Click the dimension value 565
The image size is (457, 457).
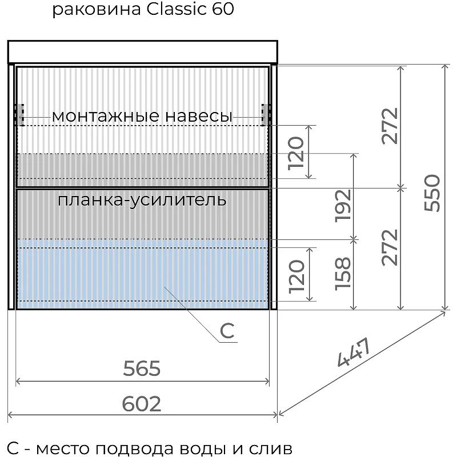142,368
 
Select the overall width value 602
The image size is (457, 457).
141,404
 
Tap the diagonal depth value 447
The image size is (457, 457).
354,352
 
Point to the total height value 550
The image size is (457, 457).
432,193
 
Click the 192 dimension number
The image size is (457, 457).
342,206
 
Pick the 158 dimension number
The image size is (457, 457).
342,274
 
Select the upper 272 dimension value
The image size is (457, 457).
390,126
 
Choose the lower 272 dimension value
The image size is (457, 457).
390,247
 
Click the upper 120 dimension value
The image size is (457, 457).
296,153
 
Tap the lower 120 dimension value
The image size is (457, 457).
296,276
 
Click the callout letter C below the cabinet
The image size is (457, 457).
227,331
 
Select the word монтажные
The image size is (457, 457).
106,116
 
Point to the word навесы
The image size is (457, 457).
199,116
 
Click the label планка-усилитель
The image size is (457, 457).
142,201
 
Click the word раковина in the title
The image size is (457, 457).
97,10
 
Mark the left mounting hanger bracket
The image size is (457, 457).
21,115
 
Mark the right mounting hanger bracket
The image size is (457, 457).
264,115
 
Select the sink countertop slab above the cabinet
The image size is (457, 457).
142,52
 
